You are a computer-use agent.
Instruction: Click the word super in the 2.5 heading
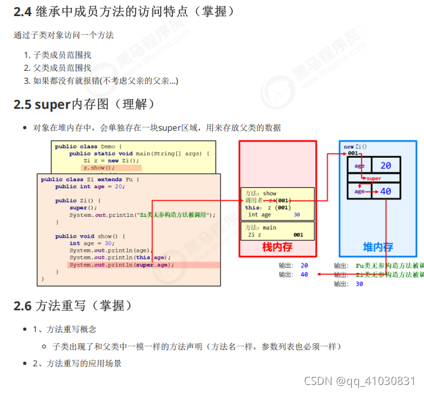[x=53, y=104]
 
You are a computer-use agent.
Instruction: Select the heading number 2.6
[x=23, y=306]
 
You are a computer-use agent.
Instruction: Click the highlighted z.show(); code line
[x=98, y=167]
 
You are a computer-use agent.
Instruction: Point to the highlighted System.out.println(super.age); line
[x=121, y=265]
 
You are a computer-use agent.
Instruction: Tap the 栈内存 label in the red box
[x=277, y=247]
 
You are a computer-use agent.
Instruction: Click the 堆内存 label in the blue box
[x=378, y=247]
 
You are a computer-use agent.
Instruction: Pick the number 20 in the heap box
[x=385, y=166]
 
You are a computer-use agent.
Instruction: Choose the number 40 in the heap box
[x=385, y=191]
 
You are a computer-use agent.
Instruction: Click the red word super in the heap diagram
[x=373, y=178]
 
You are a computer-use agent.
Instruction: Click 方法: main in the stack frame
[x=261, y=227]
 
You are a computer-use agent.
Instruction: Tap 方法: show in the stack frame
[x=261, y=193]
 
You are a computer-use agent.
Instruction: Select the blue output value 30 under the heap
[x=359, y=284]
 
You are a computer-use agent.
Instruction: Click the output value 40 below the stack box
[x=304, y=275]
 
